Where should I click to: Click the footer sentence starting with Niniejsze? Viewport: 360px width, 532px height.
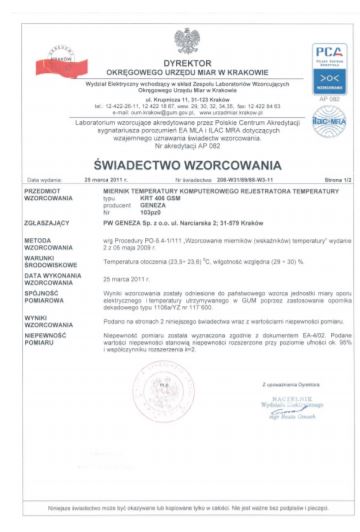click(179, 514)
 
